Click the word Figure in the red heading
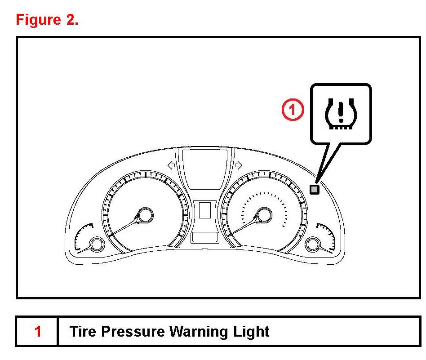[x=38, y=20]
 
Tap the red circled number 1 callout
[x=293, y=110]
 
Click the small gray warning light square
[x=315, y=190]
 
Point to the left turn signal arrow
[x=171, y=165]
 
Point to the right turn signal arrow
[x=238, y=165]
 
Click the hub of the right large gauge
[x=264, y=215]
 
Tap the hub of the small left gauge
[x=96, y=245]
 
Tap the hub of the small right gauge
[x=312, y=245]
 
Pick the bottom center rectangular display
[x=205, y=237]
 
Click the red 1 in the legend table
[x=38, y=332]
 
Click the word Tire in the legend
[x=82, y=332]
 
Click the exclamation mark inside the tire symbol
[x=341, y=111]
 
